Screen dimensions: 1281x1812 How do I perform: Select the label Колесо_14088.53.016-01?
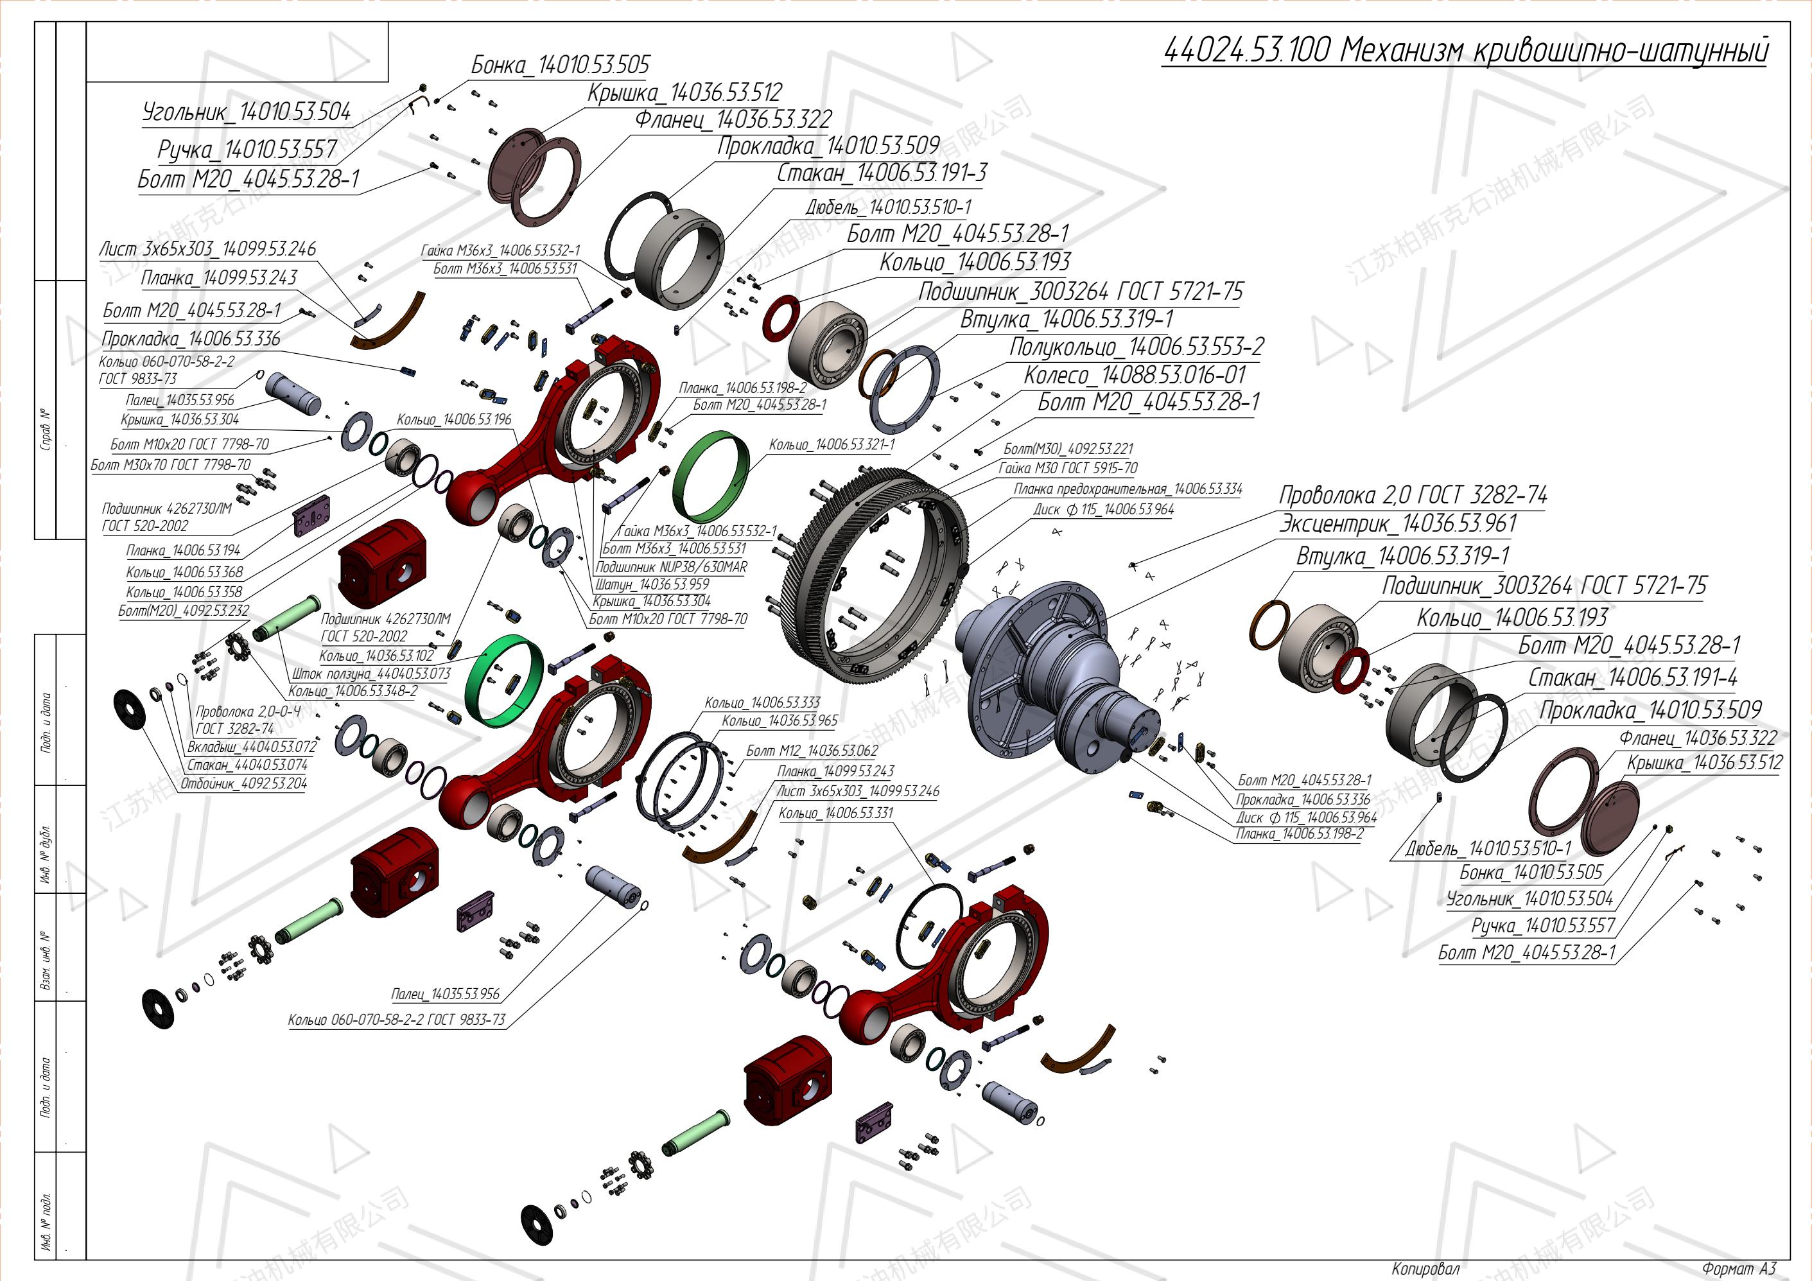(1134, 375)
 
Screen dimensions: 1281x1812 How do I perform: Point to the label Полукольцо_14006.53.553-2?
(1137, 347)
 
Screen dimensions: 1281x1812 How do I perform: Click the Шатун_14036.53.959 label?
(652, 585)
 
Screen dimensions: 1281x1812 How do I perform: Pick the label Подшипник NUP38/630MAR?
(671, 567)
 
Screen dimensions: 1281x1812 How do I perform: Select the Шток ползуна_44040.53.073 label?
(371, 674)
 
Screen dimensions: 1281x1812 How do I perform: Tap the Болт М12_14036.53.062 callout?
(812, 751)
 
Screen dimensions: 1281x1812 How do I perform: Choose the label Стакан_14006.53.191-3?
(882, 173)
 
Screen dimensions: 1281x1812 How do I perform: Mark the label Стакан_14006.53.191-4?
(1633, 677)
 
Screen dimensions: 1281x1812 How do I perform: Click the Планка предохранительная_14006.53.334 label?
(1128, 489)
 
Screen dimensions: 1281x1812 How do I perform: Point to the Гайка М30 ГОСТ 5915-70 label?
(1068, 468)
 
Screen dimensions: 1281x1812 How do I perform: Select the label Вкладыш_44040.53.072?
(252, 747)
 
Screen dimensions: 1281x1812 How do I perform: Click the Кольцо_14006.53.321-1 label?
(832, 445)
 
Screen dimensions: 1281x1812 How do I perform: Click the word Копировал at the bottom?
(1425, 1268)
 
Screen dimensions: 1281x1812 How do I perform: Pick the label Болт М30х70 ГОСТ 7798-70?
(170, 465)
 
